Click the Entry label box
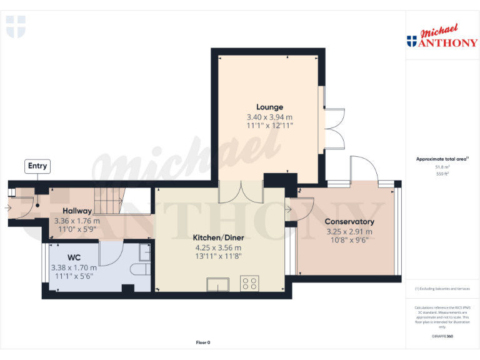[37, 166]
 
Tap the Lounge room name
[269, 107]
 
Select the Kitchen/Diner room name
[217, 237]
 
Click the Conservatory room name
[349, 222]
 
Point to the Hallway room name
[77, 211]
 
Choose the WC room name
[74, 257]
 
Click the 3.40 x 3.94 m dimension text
[269, 117]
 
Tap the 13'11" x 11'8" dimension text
[217, 256]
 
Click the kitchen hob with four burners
[249, 283]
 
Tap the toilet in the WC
[141, 269]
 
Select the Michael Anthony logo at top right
[442, 37]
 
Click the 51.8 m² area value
[442, 167]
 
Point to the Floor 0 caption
[203, 342]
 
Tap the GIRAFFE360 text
[442, 336]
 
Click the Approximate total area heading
[442, 159]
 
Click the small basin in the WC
[144, 251]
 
